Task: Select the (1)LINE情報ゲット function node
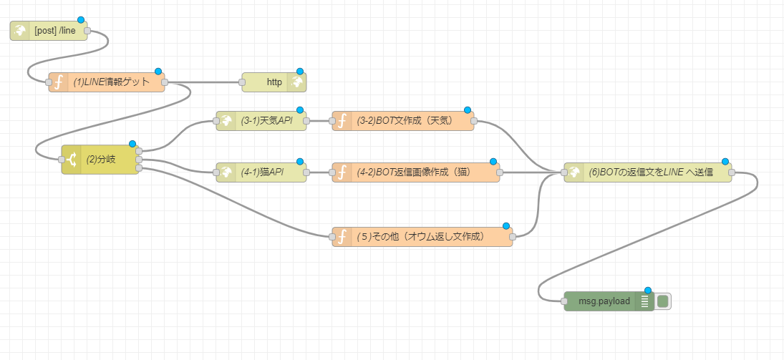pyautogui.click(x=111, y=82)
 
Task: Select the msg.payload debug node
pyautogui.click(x=605, y=301)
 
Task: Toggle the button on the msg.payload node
pyautogui.click(x=663, y=301)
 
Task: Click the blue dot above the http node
pyautogui.click(x=300, y=72)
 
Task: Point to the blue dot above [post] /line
pyautogui.click(x=81, y=20)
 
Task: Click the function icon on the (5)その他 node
pyautogui.click(x=342, y=236)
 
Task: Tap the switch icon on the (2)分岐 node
pyautogui.click(x=73, y=160)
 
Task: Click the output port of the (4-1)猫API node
pyautogui.click(x=307, y=172)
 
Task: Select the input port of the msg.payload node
pyautogui.click(x=564, y=301)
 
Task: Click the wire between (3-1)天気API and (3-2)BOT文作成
pyautogui.click(x=319, y=121)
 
